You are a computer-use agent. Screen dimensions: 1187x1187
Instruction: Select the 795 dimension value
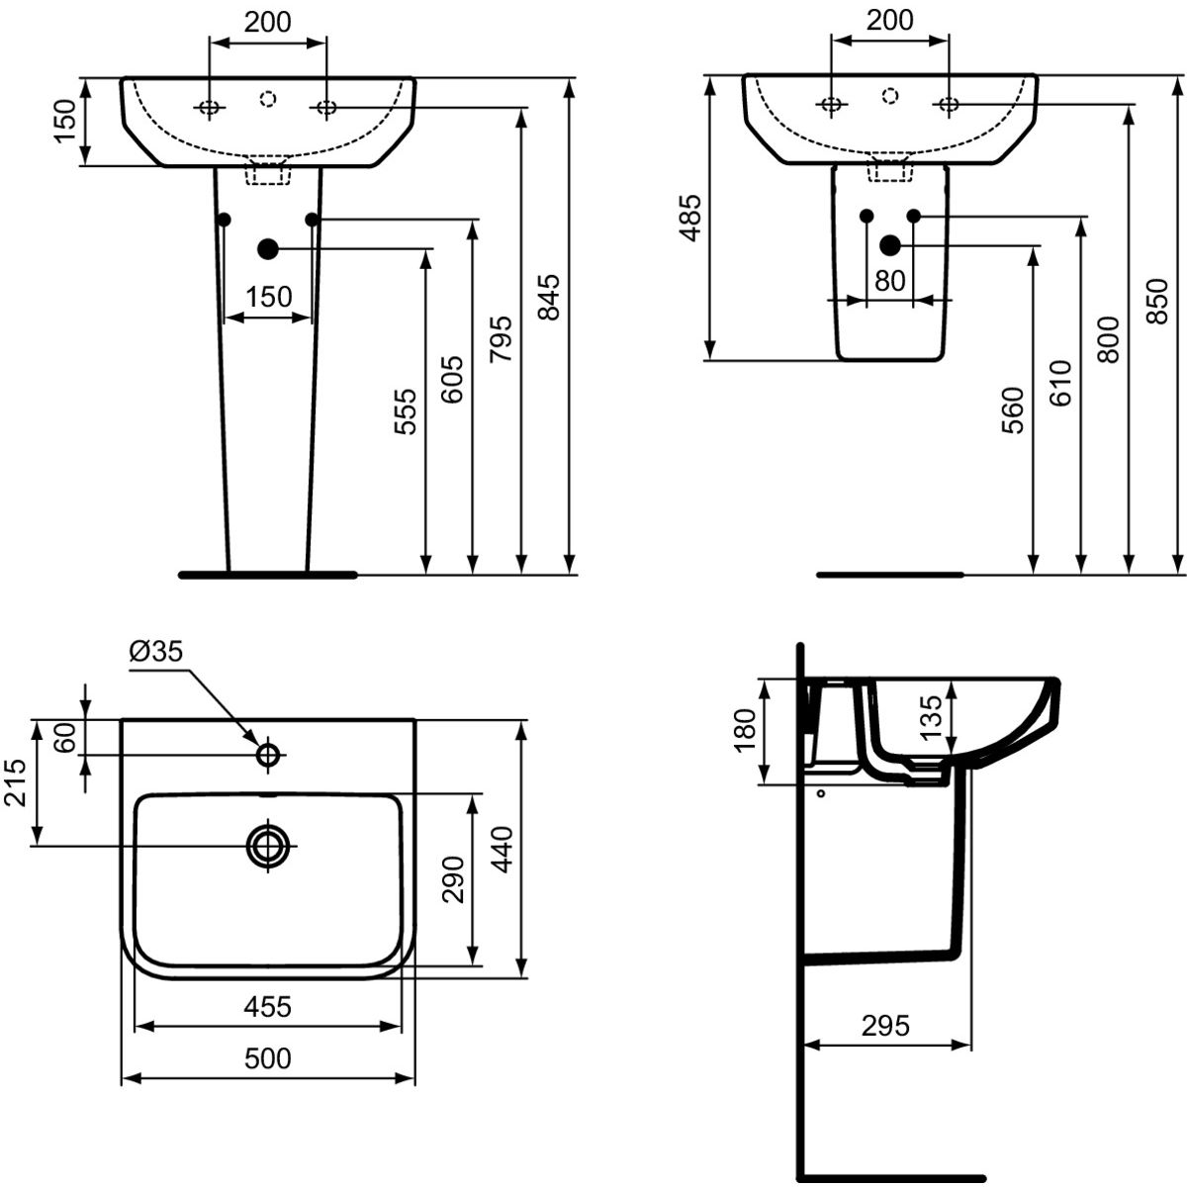coord(502,338)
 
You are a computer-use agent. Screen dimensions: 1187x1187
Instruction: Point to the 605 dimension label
coord(453,379)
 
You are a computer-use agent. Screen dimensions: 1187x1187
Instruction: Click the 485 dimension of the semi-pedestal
coord(689,218)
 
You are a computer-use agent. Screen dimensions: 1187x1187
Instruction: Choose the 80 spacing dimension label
coord(890,281)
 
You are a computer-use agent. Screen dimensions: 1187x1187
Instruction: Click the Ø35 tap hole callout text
coord(156,651)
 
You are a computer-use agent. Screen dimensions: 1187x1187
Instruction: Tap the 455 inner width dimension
coord(268,1007)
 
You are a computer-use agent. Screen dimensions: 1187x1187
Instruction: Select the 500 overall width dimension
coord(268,1058)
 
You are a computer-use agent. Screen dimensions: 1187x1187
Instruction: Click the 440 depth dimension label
coord(502,850)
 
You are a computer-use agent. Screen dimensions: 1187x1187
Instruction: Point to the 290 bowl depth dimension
coord(453,879)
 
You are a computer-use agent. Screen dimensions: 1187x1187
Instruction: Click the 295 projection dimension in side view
coord(885,1026)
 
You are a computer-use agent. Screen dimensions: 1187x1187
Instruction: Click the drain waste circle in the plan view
coord(268,846)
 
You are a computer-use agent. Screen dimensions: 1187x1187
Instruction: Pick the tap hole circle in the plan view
coord(268,755)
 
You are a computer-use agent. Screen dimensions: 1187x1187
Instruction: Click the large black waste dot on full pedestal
coord(268,249)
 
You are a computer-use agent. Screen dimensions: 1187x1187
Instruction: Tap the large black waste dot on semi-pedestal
coord(890,244)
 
